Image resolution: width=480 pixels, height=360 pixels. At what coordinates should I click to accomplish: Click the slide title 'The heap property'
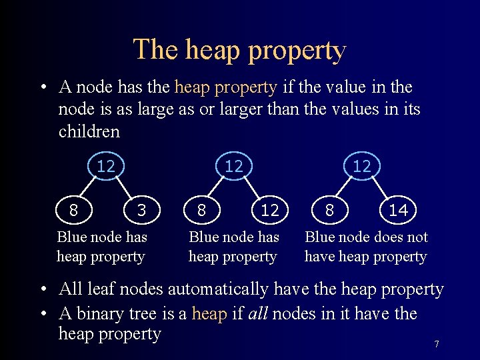coord(239,49)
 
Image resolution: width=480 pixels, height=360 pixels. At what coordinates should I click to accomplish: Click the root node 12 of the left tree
coord(106,166)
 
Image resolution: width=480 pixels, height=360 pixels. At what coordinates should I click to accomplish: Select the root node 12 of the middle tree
coord(234,166)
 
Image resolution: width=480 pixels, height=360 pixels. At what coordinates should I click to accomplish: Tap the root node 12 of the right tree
coord(362,166)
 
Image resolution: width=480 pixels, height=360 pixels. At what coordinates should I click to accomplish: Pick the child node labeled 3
coord(141,211)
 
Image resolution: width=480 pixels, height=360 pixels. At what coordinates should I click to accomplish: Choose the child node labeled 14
coord(398,211)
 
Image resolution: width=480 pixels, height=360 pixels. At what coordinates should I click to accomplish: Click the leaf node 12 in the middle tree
coord(269,211)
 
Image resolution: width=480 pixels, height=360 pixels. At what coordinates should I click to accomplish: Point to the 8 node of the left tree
coord(73,211)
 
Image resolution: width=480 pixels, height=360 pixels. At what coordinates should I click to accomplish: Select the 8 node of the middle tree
coord(201,211)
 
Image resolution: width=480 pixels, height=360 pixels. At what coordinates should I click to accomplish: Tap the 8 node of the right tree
coord(329,211)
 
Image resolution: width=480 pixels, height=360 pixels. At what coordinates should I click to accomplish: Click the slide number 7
coord(437,344)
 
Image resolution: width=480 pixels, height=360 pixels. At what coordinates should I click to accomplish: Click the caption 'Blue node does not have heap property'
coord(366,247)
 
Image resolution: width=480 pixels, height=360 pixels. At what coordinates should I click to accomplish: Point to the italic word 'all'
coord(258,313)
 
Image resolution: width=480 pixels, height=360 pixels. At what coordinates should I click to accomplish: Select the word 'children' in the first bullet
coord(89,131)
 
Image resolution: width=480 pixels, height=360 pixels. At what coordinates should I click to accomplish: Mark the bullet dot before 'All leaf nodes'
coord(42,290)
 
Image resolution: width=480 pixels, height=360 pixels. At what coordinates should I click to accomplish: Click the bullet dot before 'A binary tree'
coord(42,314)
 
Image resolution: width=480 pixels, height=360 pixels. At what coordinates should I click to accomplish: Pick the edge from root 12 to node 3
coord(124,189)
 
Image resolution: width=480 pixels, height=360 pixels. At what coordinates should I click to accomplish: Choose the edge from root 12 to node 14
coord(381,189)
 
